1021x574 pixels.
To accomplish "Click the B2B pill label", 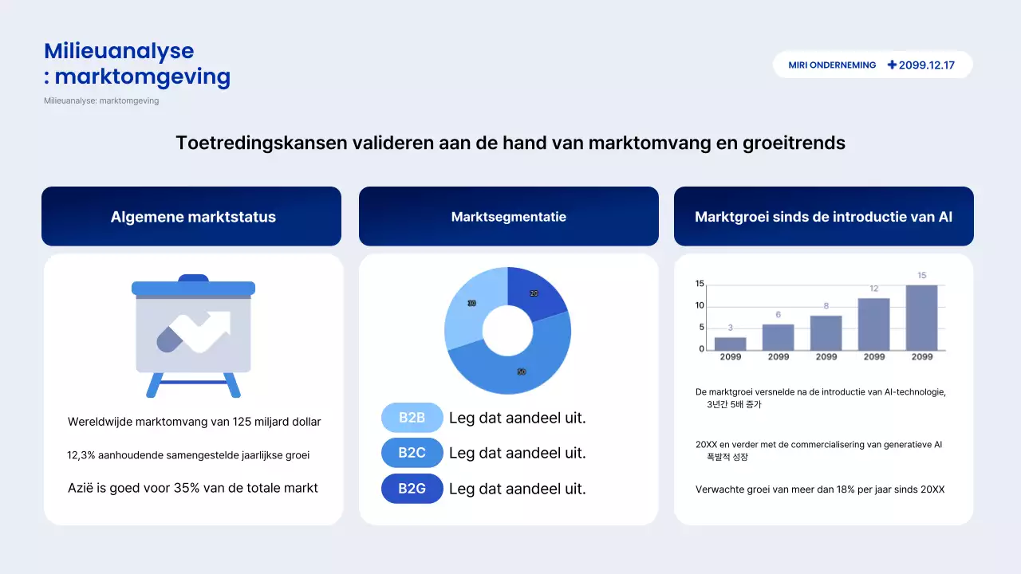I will [412, 418].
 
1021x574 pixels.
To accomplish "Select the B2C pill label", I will [412, 453].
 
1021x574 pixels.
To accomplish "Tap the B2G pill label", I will [412, 489].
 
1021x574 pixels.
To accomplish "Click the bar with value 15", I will [921, 317].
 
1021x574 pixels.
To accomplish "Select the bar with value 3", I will [731, 344].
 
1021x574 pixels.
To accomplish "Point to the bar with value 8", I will [826, 332].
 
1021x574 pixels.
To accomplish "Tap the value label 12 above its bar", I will [874, 289].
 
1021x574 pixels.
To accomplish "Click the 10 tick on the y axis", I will [700, 305].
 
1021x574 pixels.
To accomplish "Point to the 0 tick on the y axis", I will [701, 349].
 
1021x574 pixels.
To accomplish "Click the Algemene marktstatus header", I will [193, 217].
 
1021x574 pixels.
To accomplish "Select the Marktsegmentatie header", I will [509, 217].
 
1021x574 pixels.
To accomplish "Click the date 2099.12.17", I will [927, 65].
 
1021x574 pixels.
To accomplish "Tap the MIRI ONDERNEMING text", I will [832, 65].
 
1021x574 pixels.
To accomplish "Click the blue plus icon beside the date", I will [892, 65].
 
